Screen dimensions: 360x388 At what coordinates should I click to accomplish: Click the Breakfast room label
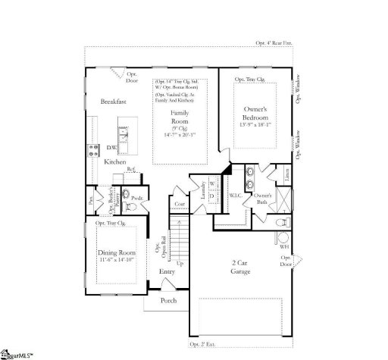pos(114,101)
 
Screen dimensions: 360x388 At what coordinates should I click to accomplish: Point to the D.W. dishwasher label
pos(111,148)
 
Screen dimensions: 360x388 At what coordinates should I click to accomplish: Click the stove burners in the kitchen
pos(94,149)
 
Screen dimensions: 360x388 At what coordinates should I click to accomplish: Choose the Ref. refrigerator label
pos(130,169)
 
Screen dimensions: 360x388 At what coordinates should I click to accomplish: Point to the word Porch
pos(168,301)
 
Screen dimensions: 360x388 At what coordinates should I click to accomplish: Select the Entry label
pos(167,271)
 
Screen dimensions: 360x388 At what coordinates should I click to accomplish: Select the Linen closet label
pos(287,174)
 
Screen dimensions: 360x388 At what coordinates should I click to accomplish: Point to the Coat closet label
pos(180,204)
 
